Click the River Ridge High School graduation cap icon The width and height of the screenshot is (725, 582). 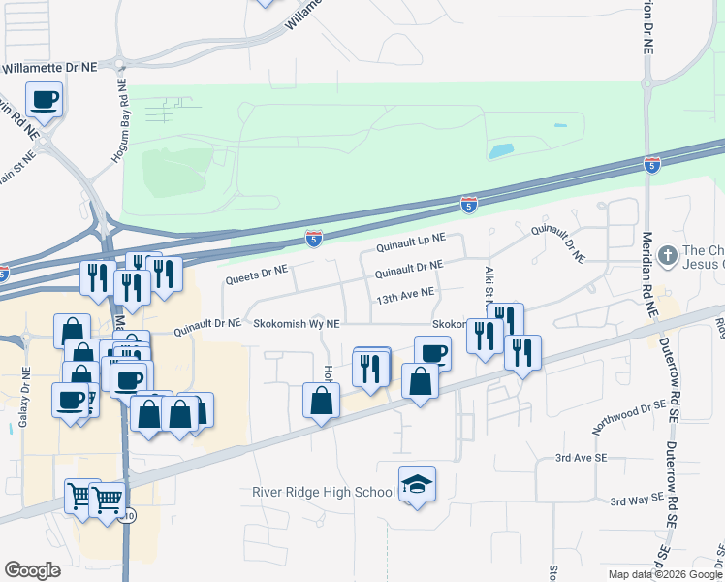pos(417,484)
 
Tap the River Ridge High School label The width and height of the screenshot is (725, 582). pos(324,492)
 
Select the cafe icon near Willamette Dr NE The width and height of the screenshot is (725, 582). pos(45,98)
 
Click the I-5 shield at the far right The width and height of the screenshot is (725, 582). pos(652,166)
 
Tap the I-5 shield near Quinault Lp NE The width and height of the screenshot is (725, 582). pos(313,238)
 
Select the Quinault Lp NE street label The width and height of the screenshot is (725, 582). pos(411,237)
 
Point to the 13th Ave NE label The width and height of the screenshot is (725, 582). pos(406,292)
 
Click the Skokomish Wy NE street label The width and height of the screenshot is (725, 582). pos(297,325)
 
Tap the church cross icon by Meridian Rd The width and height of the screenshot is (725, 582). pos(667,256)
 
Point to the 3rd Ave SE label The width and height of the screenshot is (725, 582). pos(581,457)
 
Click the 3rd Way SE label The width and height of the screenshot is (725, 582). pos(637,500)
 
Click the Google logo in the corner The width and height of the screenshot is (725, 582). pos(33,570)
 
